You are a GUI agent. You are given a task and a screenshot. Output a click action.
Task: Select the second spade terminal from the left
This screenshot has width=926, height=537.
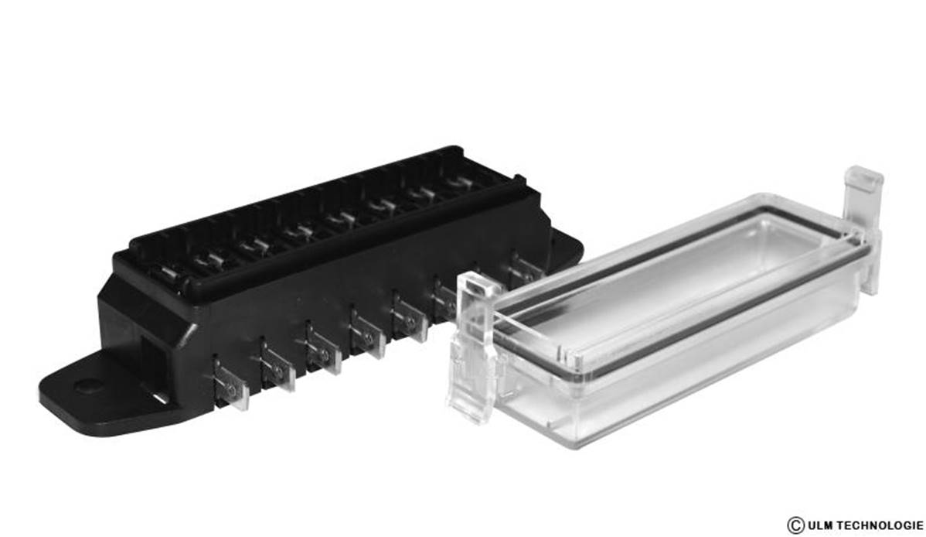coord(277,367)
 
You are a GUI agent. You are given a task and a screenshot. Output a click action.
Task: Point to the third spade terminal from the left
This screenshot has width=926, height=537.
coord(322,350)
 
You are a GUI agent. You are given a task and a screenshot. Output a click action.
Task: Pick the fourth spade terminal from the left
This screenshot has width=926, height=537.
coord(366,333)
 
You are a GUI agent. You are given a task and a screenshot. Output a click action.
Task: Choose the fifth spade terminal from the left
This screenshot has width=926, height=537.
coord(410,317)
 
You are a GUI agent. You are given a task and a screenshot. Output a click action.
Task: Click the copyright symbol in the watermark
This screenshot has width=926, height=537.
coord(796,525)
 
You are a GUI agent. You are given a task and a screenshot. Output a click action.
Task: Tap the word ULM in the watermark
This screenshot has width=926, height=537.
coord(820,525)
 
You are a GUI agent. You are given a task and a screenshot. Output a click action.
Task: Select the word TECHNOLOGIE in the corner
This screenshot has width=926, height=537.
coord(880,525)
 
